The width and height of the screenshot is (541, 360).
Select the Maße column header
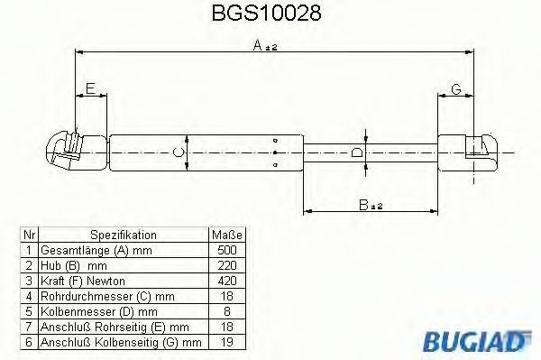pyautogui.click(x=226, y=234)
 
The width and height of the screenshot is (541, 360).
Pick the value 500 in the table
pyautogui.click(x=226, y=248)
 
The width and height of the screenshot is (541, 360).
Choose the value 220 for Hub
pyautogui.click(x=226, y=264)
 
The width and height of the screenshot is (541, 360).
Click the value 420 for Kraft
pyautogui.click(x=226, y=281)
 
